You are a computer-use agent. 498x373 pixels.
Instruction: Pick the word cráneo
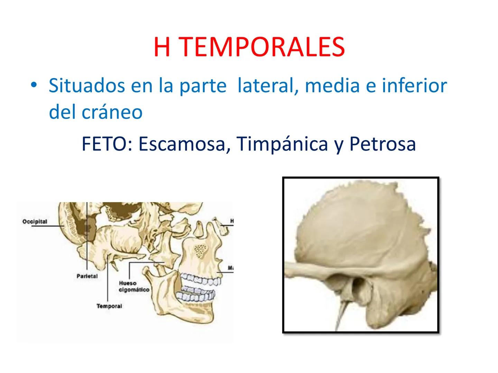click(x=112, y=112)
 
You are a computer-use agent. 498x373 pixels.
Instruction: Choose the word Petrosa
click(x=382, y=144)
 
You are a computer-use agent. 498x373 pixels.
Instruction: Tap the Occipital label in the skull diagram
click(x=35, y=221)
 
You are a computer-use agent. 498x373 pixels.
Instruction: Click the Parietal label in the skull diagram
click(x=87, y=276)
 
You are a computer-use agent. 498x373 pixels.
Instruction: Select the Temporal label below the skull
click(x=109, y=306)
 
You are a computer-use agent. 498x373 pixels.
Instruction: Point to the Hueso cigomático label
click(x=134, y=287)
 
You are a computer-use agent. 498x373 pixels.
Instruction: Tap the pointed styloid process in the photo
click(x=342, y=311)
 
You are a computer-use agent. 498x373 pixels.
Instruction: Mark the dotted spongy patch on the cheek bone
click(x=200, y=251)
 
